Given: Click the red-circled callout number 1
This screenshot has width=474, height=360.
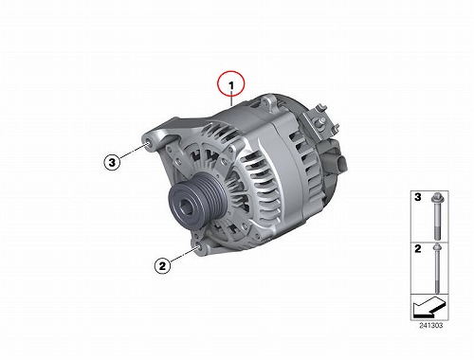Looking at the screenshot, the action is tap(231, 83).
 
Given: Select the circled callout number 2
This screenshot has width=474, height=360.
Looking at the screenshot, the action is tap(162, 265).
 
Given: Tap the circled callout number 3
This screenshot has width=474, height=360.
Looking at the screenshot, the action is tap(112, 162).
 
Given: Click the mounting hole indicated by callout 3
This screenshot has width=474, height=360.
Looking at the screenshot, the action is tap(147, 145).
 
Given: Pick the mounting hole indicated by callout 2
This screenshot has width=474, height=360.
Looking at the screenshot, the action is tap(198, 247).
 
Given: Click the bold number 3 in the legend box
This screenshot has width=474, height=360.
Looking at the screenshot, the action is tap(418, 197).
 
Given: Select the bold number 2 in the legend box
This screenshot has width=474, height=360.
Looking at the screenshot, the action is tap(418, 248).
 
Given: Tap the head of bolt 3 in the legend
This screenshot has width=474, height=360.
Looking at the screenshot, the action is tap(436, 197).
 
